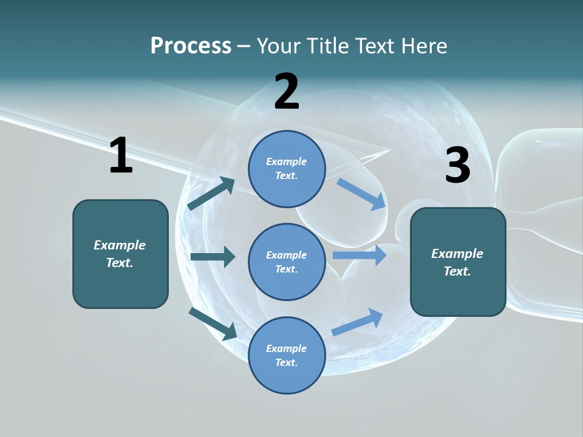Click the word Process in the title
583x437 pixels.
(191, 46)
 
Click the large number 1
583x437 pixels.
(121, 156)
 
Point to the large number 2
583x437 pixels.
(287, 92)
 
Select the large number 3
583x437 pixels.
(457, 165)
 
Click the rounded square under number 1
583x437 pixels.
(120, 254)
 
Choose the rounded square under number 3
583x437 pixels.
(458, 262)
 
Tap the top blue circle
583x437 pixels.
(287, 169)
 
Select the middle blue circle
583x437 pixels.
(287, 262)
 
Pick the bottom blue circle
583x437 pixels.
(287, 355)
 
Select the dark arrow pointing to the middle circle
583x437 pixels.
(213, 257)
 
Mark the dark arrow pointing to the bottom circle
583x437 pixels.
(213, 324)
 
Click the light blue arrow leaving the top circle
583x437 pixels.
(362, 194)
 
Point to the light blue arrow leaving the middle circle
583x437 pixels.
(360, 256)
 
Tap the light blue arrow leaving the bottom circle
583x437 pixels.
(358, 322)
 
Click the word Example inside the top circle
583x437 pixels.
(287, 161)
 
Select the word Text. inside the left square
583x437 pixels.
(120, 263)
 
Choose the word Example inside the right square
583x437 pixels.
(457, 254)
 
